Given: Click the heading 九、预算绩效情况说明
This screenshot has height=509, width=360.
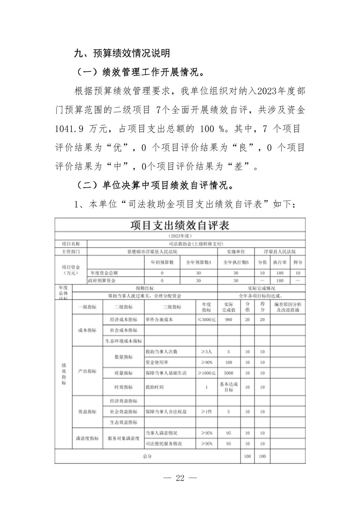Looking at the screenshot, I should [122, 53].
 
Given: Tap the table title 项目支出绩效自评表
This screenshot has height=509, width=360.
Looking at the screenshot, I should [180, 225].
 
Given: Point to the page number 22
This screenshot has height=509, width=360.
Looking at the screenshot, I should [180, 478].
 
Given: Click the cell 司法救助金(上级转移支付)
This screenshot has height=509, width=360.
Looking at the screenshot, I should [196, 244].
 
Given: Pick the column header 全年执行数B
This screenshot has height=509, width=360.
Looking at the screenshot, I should [236, 262].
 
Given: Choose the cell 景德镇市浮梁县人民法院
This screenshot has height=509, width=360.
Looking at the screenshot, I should [152, 251].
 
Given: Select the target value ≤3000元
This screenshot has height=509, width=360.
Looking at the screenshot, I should [206, 319].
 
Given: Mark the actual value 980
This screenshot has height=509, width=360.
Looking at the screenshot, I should [229, 319].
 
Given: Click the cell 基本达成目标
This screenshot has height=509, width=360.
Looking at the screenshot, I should [229, 387].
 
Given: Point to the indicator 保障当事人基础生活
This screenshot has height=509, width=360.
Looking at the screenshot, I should [166, 373].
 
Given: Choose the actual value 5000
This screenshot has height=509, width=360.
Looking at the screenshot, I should [229, 373].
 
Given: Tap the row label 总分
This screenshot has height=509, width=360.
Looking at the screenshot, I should [147, 456].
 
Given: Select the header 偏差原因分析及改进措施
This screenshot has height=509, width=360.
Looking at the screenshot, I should [288, 307].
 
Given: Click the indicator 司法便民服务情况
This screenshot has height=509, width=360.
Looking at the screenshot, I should [164, 443].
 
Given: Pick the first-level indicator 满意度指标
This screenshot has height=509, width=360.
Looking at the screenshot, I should [87, 438].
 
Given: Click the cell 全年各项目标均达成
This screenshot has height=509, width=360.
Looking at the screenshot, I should [261, 296].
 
